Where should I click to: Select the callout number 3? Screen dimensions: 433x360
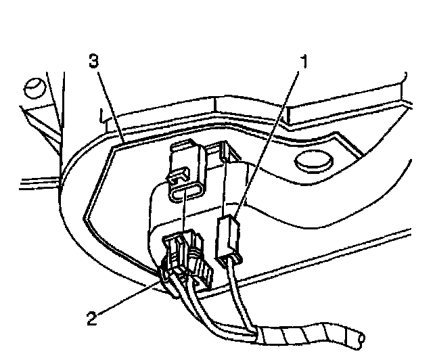(x=95, y=62)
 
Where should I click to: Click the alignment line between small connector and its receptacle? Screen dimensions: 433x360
(x=223, y=189)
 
